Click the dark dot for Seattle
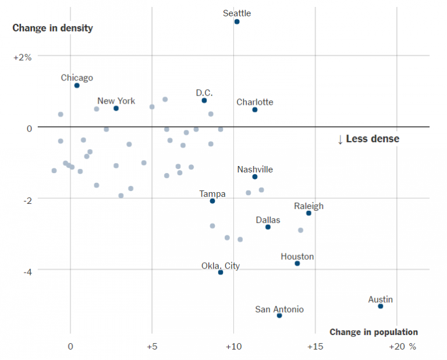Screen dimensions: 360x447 tap(237, 22)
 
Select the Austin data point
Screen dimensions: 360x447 tap(381, 306)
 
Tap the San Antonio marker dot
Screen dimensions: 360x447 tap(279, 316)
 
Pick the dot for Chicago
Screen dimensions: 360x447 tap(77, 86)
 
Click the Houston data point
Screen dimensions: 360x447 tap(297, 264)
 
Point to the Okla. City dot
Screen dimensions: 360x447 tap(221, 273)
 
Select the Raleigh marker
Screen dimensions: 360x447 tap(308, 213)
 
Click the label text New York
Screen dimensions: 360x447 tap(116, 101)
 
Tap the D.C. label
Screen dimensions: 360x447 tap(204, 93)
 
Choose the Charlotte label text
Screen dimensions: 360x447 tap(254, 102)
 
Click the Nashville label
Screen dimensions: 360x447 tap(255, 170)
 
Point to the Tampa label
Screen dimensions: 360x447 tap(212, 194)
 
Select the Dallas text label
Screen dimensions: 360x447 tap(268, 220)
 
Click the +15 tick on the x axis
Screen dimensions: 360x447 tap(315, 346)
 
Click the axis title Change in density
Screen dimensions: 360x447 tap(52, 28)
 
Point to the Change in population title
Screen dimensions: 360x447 tap(374, 332)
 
